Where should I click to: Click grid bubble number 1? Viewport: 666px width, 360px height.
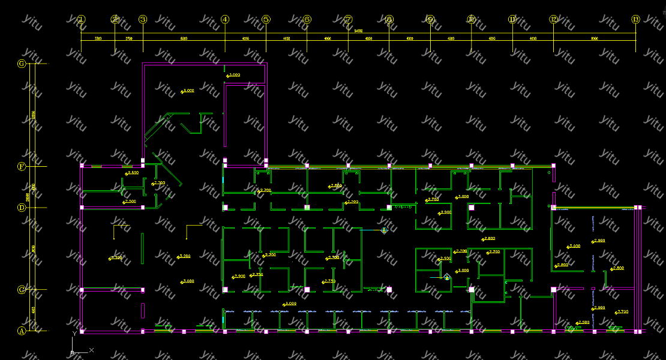(x=82, y=19)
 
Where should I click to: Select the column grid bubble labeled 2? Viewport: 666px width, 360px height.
(x=115, y=19)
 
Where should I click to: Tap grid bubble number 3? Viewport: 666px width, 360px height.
(x=143, y=19)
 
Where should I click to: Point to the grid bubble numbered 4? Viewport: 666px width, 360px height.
(x=225, y=19)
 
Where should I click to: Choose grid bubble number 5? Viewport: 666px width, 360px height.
(x=266, y=19)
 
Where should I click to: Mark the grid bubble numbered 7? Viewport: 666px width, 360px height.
(x=348, y=19)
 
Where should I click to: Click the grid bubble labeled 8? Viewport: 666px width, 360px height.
(x=389, y=19)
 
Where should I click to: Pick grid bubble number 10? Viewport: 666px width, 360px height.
(x=472, y=19)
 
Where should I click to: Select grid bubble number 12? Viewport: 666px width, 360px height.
(x=553, y=19)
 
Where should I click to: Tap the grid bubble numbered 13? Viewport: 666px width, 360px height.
(x=636, y=19)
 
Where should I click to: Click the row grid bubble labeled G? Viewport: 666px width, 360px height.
(x=22, y=64)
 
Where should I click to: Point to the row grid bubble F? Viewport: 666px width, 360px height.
(x=22, y=166)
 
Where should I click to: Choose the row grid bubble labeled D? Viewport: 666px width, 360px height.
(x=22, y=208)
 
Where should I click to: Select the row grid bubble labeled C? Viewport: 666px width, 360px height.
(x=22, y=290)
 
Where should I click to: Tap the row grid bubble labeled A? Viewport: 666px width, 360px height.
(x=22, y=331)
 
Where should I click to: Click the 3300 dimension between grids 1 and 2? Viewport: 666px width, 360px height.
(x=98, y=38)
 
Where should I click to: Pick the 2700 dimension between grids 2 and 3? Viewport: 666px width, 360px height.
(x=128, y=38)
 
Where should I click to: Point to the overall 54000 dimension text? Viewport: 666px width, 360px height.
(x=358, y=31)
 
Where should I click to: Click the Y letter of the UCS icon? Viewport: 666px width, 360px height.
(x=74, y=333)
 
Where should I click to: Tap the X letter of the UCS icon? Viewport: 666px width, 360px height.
(x=91, y=349)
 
